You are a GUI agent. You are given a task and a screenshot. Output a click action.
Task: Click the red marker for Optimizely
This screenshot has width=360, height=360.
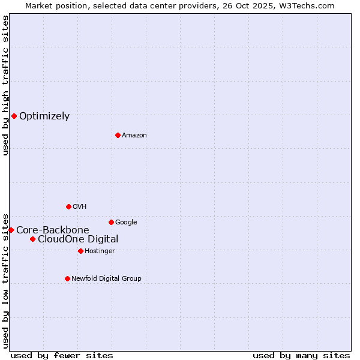click(x=14, y=116)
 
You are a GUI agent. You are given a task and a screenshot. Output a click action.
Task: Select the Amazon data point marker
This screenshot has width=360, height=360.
click(x=118, y=135)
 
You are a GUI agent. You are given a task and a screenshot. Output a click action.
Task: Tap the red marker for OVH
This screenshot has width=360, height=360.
click(x=68, y=206)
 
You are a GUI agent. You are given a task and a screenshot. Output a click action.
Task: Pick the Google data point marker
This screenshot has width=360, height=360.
click(x=111, y=222)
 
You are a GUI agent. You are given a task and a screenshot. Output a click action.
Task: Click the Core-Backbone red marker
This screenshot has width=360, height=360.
click(x=11, y=230)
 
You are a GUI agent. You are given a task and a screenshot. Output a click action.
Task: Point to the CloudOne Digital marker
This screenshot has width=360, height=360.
click(x=32, y=239)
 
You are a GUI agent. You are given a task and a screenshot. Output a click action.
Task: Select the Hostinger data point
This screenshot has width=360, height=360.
click(x=80, y=251)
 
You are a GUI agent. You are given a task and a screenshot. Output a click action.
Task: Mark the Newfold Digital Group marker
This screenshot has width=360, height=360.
click(x=67, y=278)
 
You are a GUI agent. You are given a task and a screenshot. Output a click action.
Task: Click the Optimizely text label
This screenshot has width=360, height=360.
click(x=44, y=116)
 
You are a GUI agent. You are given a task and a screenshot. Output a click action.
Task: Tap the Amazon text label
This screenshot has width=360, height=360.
click(x=134, y=136)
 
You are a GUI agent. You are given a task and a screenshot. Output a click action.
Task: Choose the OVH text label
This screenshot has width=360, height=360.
click(x=80, y=207)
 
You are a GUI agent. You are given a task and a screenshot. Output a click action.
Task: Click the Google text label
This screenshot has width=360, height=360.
click(x=126, y=223)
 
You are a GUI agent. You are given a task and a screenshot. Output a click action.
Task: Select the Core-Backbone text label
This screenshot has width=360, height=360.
click(x=53, y=230)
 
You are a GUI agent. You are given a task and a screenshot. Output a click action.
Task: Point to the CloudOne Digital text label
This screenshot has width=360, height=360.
click(x=78, y=239)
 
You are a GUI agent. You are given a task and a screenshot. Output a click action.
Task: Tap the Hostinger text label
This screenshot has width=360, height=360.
click(x=100, y=251)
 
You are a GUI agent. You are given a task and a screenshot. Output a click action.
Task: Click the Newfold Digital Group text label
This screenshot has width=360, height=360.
click(x=106, y=279)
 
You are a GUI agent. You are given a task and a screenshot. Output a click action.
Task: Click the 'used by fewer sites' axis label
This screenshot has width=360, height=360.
click(x=62, y=355)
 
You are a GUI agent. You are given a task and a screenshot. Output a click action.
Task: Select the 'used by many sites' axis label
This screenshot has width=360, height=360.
click(x=301, y=355)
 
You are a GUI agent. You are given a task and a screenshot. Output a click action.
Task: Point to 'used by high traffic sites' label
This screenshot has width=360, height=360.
click(x=6, y=85)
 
